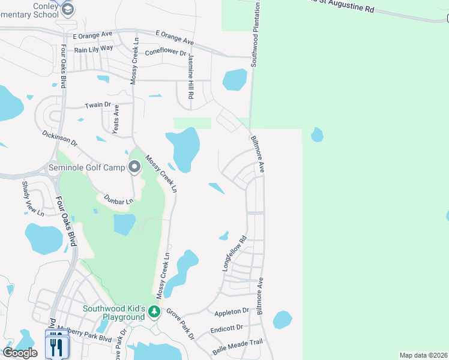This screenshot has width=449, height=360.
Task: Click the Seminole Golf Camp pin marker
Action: click(134, 166)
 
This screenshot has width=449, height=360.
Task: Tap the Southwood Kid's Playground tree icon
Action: click(154, 311)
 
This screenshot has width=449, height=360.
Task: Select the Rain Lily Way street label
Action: click(94, 49)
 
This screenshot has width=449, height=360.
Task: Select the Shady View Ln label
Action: click(34, 198)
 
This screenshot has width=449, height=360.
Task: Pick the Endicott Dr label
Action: click(227, 328)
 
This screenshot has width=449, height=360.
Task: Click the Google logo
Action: click(19, 353)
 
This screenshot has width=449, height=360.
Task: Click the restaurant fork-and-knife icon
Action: click(57, 347)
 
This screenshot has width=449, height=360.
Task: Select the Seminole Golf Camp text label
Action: click(86, 167)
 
